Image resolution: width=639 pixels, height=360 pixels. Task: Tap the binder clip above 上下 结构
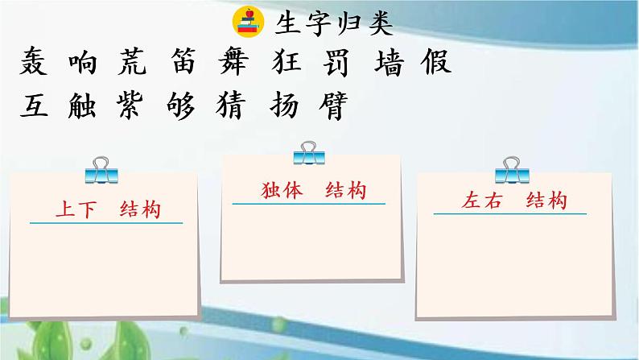click(x=100, y=169)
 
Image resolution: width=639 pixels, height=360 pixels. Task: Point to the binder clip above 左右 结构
click(x=510, y=168)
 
